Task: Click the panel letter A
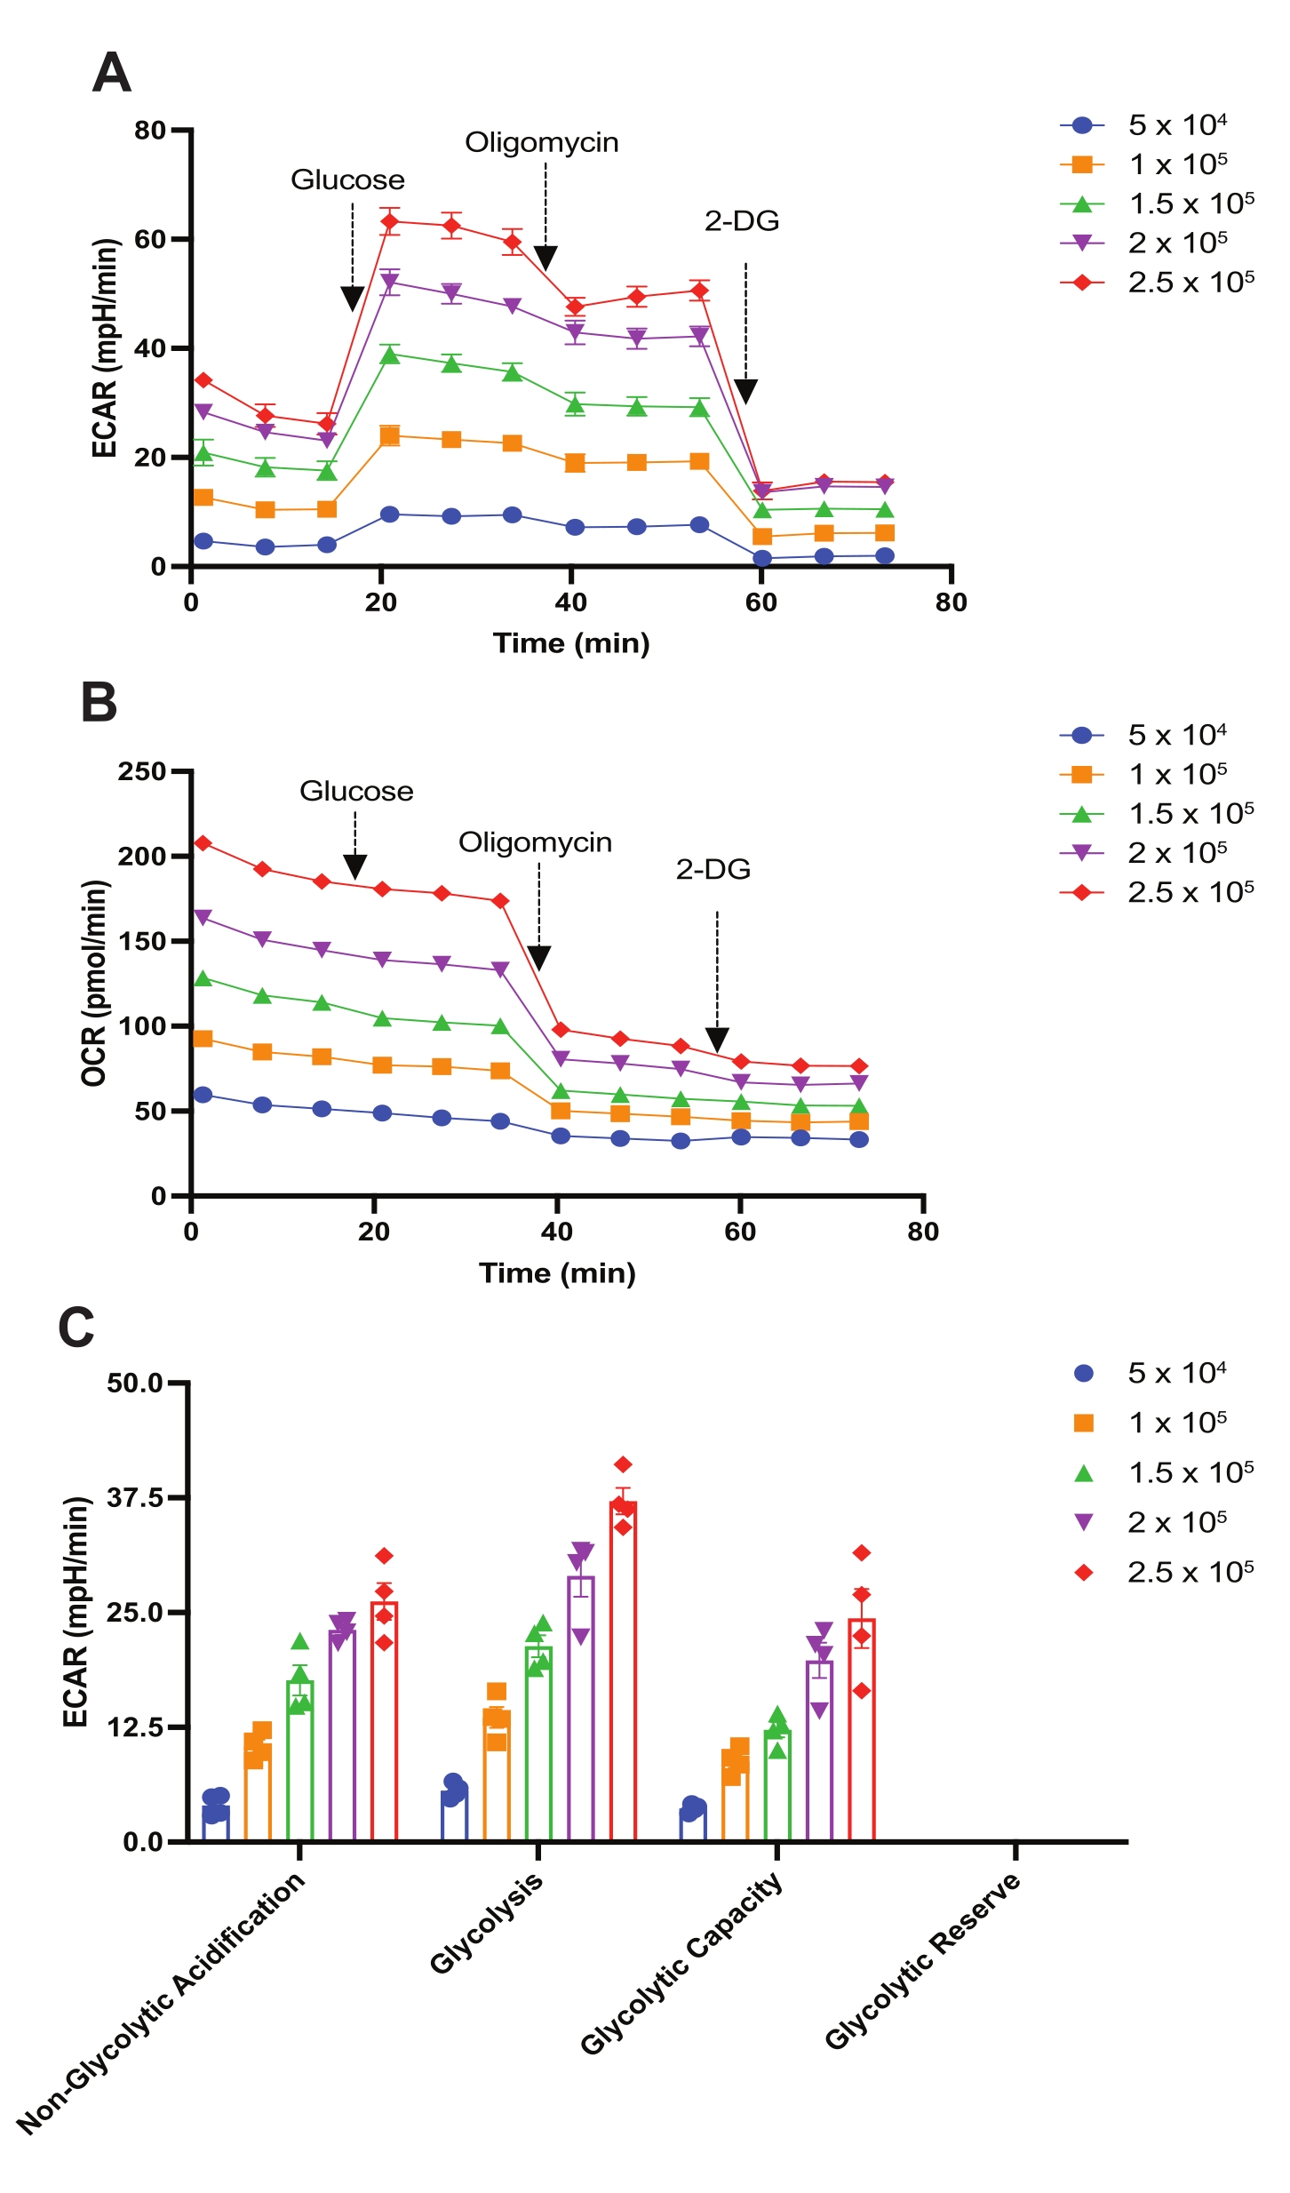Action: click(x=112, y=73)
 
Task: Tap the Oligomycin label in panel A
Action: click(x=541, y=142)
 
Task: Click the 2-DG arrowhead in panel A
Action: click(x=745, y=391)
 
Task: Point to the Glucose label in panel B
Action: click(x=356, y=791)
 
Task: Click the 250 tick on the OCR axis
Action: click(x=142, y=771)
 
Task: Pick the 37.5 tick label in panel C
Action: click(x=135, y=1497)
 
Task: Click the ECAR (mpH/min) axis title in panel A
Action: click(x=105, y=348)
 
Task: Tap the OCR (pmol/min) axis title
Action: click(x=94, y=983)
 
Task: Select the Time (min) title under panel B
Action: click(x=557, y=1273)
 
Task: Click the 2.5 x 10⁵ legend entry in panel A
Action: click(x=1159, y=283)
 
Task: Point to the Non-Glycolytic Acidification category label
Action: click(x=161, y=2003)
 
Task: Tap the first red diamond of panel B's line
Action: click(x=203, y=842)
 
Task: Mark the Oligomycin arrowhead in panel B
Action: click(x=538, y=958)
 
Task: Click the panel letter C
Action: click(x=76, y=1328)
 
